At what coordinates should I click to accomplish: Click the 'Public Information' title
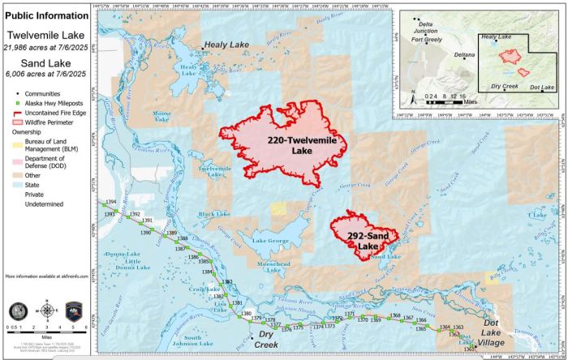coord(46,15)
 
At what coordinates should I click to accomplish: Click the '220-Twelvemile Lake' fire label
coord(290,145)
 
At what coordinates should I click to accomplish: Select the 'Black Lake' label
coord(214,214)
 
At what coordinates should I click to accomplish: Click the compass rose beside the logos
coord(47,310)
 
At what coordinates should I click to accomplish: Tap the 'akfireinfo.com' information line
coord(46,277)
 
